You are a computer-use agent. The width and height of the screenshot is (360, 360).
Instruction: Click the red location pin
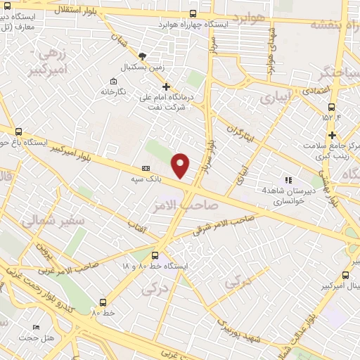(181, 165)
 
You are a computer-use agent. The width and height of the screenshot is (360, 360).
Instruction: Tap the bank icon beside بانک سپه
(146, 169)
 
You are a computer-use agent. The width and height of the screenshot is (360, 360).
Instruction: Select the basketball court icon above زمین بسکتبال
(143, 56)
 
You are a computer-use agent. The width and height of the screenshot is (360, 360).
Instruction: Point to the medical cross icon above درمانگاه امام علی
(166, 86)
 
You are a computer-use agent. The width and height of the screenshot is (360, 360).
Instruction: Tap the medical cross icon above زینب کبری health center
(332, 135)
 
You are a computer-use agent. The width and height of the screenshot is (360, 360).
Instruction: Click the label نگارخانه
(112, 91)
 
